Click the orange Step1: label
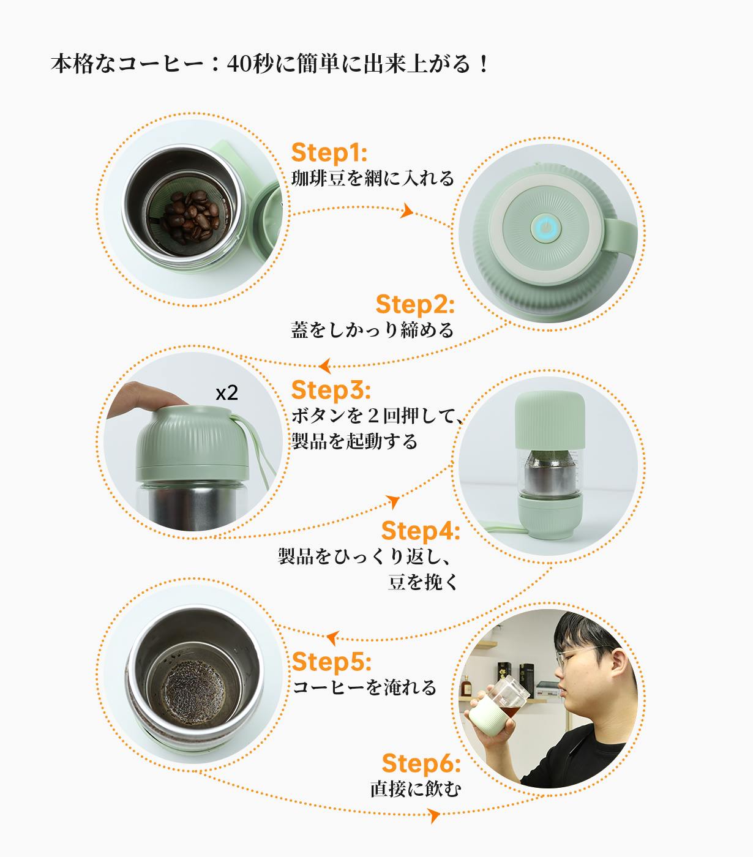point(329,152)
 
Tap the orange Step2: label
point(415,305)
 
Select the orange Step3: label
point(331,390)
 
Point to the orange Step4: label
point(420,531)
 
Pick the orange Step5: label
point(331,662)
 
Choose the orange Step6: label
point(421,763)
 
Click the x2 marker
point(227,394)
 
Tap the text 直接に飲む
point(416,789)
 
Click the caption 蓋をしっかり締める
point(372,331)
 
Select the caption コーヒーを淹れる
point(364,687)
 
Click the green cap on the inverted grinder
point(550,420)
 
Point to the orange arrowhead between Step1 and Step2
point(407,210)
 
